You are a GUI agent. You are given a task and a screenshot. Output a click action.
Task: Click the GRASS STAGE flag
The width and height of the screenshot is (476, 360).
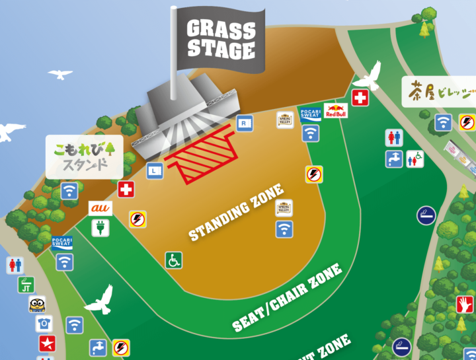[x=221, y=40]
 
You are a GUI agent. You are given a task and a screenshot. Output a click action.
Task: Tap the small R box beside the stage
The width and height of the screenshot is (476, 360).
[x=245, y=122]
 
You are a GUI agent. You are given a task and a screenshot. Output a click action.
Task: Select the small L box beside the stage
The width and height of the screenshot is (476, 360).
[x=155, y=170]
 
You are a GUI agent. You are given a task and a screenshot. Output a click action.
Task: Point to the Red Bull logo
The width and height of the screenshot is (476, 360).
[x=336, y=110]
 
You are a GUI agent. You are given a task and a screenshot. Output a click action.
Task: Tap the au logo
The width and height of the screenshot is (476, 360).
[x=101, y=208]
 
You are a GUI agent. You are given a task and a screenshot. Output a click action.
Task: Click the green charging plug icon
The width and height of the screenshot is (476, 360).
[x=101, y=228]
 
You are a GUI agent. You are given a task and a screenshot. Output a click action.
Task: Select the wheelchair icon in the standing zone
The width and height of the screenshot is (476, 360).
[x=174, y=260]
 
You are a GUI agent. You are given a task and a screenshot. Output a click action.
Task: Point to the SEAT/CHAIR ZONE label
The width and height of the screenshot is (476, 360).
[x=287, y=297]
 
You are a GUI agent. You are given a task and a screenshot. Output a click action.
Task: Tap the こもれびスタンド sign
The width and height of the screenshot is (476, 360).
[x=85, y=156]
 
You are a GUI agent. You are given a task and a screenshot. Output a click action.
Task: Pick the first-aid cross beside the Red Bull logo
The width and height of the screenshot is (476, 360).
[x=360, y=98]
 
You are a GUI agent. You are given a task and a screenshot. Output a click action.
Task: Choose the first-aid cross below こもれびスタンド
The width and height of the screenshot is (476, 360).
[x=126, y=190]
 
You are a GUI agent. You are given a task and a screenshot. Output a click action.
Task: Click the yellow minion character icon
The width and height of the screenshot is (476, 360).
[x=38, y=305]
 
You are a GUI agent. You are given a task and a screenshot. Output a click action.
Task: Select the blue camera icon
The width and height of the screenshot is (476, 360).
[x=44, y=324]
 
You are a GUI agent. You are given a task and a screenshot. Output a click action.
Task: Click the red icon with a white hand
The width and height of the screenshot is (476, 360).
[x=465, y=305]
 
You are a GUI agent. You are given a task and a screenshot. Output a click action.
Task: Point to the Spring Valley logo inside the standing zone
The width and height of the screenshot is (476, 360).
[x=284, y=208]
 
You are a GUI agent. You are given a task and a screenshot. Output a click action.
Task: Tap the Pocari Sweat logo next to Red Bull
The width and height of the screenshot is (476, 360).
[x=310, y=112]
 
